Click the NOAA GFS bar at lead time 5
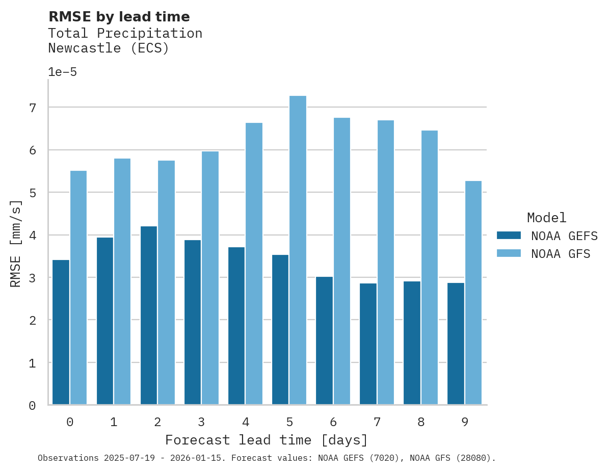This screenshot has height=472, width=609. (x=298, y=250)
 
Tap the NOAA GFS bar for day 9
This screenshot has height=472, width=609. (x=473, y=293)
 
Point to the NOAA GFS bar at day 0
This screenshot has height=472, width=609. (x=78, y=287)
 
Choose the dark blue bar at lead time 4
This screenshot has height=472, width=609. (x=236, y=326)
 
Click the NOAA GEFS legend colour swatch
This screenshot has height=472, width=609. (x=509, y=235)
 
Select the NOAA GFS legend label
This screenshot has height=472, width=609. (x=561, y=254)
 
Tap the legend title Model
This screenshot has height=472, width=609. (x=546, y=218)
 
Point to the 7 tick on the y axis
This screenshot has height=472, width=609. (x=33, y=108)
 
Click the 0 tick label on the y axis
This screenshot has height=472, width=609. (x=33, y=406)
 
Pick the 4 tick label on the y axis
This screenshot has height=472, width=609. (x=33, y=235)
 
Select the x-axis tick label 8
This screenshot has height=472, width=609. (x=420, y=422)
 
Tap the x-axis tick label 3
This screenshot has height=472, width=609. (x=201, y=422)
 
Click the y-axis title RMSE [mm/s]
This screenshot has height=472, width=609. (x=16, y=244)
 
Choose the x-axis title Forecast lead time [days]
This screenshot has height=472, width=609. (x=266, y=440)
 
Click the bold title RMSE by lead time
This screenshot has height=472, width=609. (x=119, y=17)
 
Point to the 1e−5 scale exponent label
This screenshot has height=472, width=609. (x=62, y=72)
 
